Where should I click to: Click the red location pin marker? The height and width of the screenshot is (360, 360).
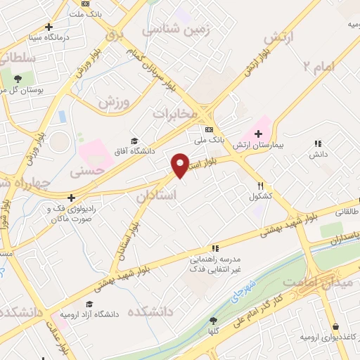coord(181,165)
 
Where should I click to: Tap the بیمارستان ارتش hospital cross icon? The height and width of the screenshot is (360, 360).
coord(258,134)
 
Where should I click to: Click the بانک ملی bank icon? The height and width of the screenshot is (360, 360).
coord(209,129)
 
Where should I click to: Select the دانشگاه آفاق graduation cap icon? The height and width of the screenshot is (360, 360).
coord(134,140)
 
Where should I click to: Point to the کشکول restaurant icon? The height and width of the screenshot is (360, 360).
coord(260,186)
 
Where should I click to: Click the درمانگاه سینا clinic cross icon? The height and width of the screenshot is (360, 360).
coord(49,27)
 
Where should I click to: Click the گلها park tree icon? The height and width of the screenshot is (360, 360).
coord(213,321)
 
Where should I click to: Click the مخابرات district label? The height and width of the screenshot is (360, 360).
coord(172,112)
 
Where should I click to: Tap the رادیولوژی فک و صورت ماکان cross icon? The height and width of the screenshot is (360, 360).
coord(71,198)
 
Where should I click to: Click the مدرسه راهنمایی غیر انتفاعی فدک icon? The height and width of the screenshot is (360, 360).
coord(214,248)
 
